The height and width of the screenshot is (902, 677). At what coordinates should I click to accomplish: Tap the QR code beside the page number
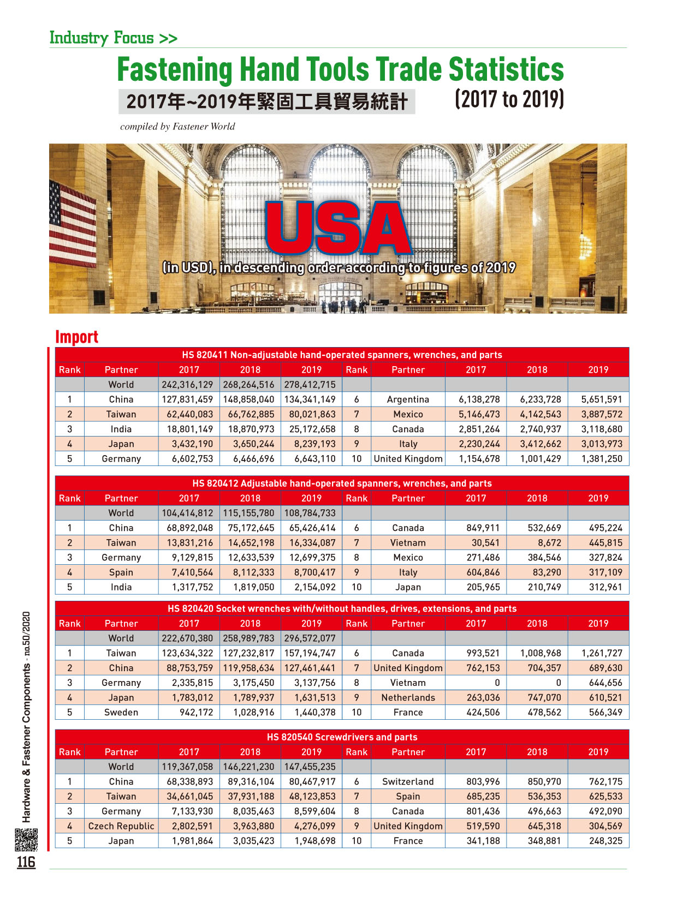[26, 840]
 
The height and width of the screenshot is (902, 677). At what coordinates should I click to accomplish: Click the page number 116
[26, 863]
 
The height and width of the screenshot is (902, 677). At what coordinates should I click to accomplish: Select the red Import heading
[76, 337]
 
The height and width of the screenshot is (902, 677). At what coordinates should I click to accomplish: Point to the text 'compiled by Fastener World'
[177, 127]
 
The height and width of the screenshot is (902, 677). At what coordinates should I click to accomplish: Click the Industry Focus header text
[113, 38]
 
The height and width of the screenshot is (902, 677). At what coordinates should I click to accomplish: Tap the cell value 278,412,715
[310, 385]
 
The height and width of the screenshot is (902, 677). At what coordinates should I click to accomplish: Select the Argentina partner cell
[408, 399]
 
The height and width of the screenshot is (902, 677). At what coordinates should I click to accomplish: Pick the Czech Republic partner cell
[121, 826]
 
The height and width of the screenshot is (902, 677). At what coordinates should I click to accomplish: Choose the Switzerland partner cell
[408, 781]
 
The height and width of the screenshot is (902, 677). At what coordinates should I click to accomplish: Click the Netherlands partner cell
[408, 697]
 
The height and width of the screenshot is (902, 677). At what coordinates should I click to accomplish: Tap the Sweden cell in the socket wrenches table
[121, 712]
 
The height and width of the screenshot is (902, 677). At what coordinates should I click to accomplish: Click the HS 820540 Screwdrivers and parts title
[342, 737]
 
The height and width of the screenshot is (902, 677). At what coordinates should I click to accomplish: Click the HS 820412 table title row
[342, 483]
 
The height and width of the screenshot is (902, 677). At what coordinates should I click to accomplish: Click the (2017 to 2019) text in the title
[509, 100]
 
